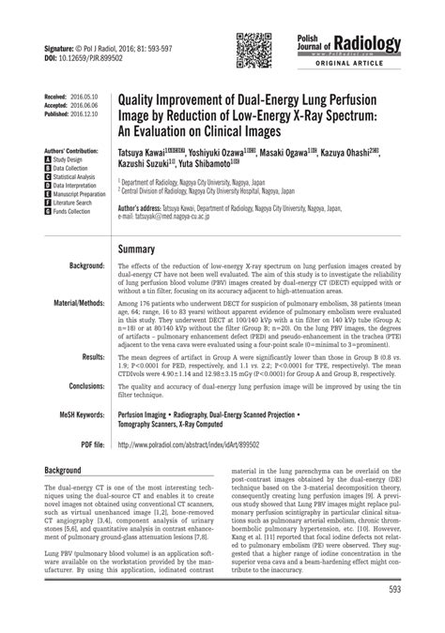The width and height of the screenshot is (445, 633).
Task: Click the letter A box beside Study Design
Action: [x=48, y=160]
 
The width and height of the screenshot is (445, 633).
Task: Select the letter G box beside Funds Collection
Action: [x=48, y=212]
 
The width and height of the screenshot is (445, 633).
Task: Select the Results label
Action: [x=90, y=357]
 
